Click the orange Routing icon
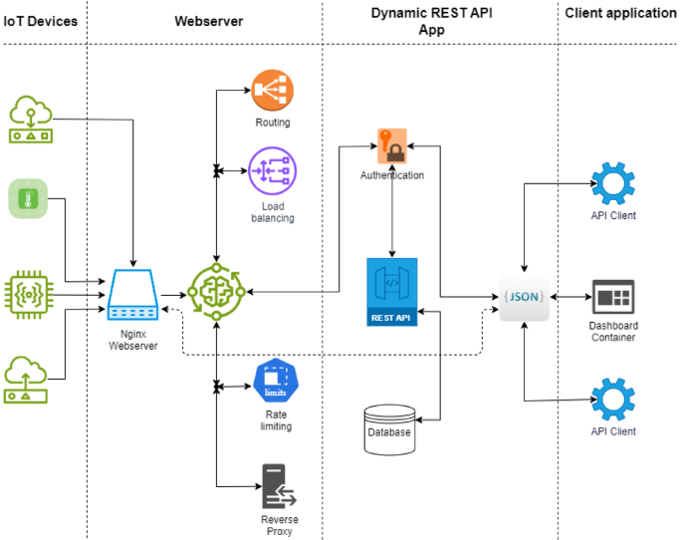click(x=272, y=92)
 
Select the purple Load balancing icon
click(x=272, y=169)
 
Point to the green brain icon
click(x=216, y=292)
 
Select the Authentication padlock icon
click(x=392, y=146)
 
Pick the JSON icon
click(x=525, y=297)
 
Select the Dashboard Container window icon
click(x=612, y=297)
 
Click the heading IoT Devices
click(x=40, y=19)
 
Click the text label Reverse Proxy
click(x=279, y=526)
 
